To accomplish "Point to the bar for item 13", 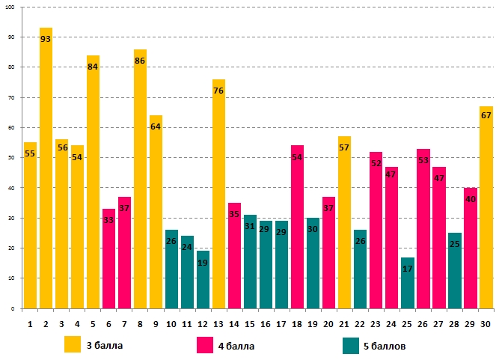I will (x=218, y=194).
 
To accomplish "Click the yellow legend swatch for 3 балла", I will (x=73, y=345).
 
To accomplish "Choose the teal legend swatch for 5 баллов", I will (x=351, y=345).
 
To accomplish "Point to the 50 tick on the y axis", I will (x=11, y=158).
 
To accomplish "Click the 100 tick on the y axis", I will (x=10, y=7).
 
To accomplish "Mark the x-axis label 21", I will (x=344, y=323).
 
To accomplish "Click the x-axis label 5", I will (x=93, y=323).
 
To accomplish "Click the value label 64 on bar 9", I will (x=156, y=127).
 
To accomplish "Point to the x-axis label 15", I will (x=250, y=323).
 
